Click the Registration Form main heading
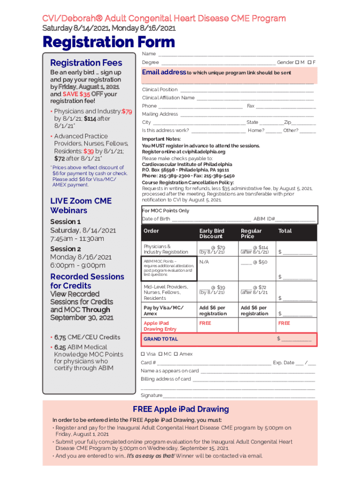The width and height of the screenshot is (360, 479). [x=108, y=43]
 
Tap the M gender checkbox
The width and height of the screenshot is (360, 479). [x=297, y=63]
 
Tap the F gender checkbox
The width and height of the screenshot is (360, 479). [x=309, y=63]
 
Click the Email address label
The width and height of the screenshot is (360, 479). [x=164, y=73]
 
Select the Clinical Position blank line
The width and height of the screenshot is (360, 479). [x=246, y=90]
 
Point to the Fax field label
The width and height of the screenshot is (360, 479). [x=251, y=106]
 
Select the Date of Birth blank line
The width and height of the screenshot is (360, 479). [x=211, y=219]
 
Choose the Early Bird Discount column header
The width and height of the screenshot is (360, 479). [x=212, y=233]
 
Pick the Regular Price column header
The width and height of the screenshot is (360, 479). [x=251, y=233]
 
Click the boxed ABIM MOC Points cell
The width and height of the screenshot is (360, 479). [x=169, y=268]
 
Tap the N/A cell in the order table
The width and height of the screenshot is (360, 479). [x=204, y=262]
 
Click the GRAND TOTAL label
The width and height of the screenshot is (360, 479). [x=160, y=339]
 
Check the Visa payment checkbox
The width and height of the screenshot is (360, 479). [x=143, y=354]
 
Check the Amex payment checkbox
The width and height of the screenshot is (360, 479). [x=176, y=354]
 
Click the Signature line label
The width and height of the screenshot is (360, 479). [x=151, y=395]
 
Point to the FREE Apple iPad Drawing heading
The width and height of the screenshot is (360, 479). [x=180, y=409]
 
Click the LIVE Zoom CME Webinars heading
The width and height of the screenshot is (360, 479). [x=81, y=206]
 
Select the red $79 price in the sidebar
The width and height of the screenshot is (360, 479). [x=127, y=112]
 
